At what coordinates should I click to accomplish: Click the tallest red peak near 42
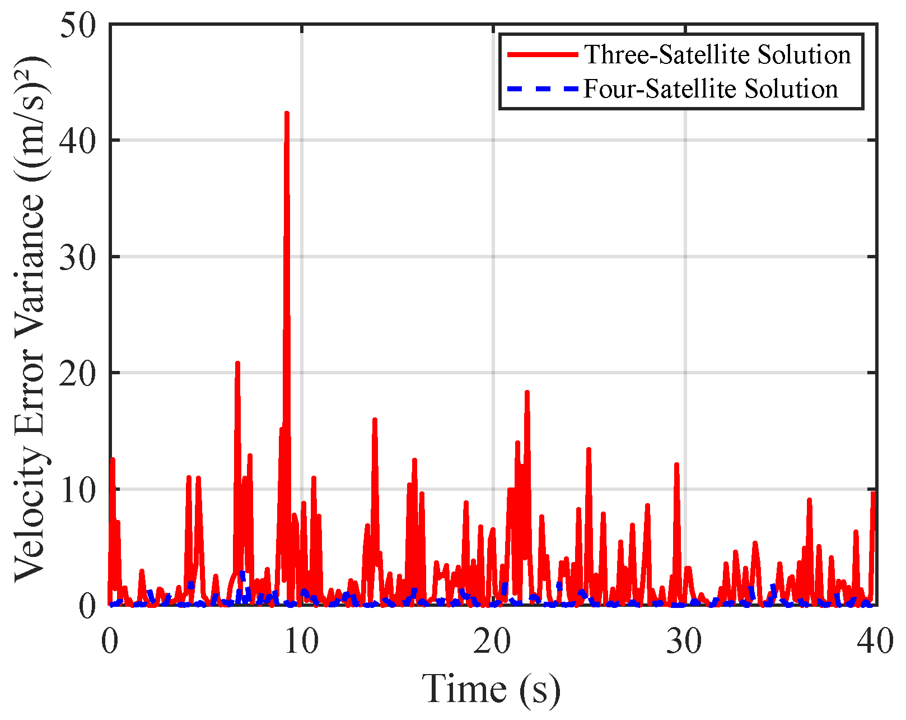(287, 113)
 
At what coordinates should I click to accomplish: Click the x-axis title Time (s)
(491, 689)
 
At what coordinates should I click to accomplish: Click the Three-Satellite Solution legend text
(717, 54)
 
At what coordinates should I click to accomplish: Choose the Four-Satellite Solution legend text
(711, 89)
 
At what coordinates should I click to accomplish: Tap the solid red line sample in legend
(542, 54)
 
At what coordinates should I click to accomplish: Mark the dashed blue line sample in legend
(542, 89)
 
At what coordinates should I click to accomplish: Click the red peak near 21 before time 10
(237, 363)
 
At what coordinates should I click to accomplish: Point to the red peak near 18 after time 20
(527, 392)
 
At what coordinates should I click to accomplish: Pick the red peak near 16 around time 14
(375, 419)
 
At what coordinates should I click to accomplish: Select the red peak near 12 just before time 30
(676, 464)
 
